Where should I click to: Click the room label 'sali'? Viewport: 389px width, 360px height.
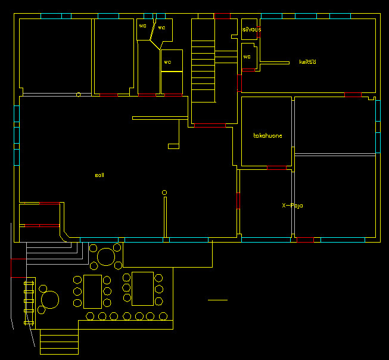(x=99, y=175)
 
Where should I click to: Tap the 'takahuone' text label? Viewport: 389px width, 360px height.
(x=267, y=136)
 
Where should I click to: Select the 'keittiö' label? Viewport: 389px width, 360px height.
(x=307, y=62)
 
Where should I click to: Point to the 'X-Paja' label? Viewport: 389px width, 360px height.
(x=292, y=206)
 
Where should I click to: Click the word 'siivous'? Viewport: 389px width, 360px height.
(x=251, y=29)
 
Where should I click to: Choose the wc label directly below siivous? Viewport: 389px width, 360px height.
(x=247, y=57)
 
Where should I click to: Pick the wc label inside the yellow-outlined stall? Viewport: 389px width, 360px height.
(x=167, y=62)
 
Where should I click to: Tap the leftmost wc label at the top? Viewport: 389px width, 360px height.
(x=142, y=26)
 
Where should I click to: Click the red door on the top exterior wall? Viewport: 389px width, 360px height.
(x=222, y=15)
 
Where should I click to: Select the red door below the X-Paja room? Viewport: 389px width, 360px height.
(x=305, y=240)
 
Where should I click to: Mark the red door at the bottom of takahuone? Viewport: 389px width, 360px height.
(x=276, y=168)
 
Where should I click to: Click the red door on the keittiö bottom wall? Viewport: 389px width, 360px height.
(x=353, y=95)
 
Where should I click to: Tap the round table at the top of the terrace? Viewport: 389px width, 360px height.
(x=106, y=256)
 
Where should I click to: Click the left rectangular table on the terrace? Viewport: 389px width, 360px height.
(x=93, y=290)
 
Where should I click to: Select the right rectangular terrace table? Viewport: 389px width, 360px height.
(x=142, y=288)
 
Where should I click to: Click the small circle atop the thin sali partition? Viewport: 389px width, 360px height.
(x=164, y=192)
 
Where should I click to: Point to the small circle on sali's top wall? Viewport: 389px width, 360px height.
(x=79, y=94)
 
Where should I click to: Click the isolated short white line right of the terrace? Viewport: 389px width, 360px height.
(x=217, y=300)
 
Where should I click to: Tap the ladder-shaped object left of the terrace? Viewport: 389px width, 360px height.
(x=28, y=301)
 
